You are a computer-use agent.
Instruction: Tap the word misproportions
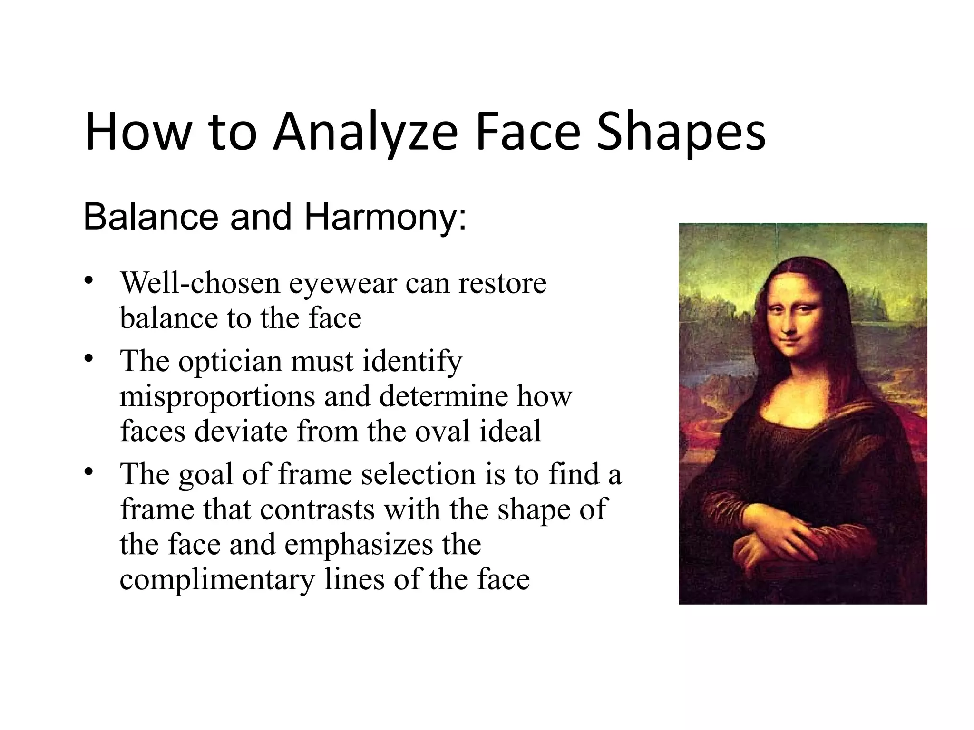[217, 396]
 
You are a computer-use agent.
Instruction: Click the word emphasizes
[359, 545]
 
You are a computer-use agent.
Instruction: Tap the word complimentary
[217, 580]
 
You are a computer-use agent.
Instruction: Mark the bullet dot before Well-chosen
[88, 281]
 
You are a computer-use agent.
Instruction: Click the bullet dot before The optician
[88, 359]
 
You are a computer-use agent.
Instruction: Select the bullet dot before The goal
[88, 472]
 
